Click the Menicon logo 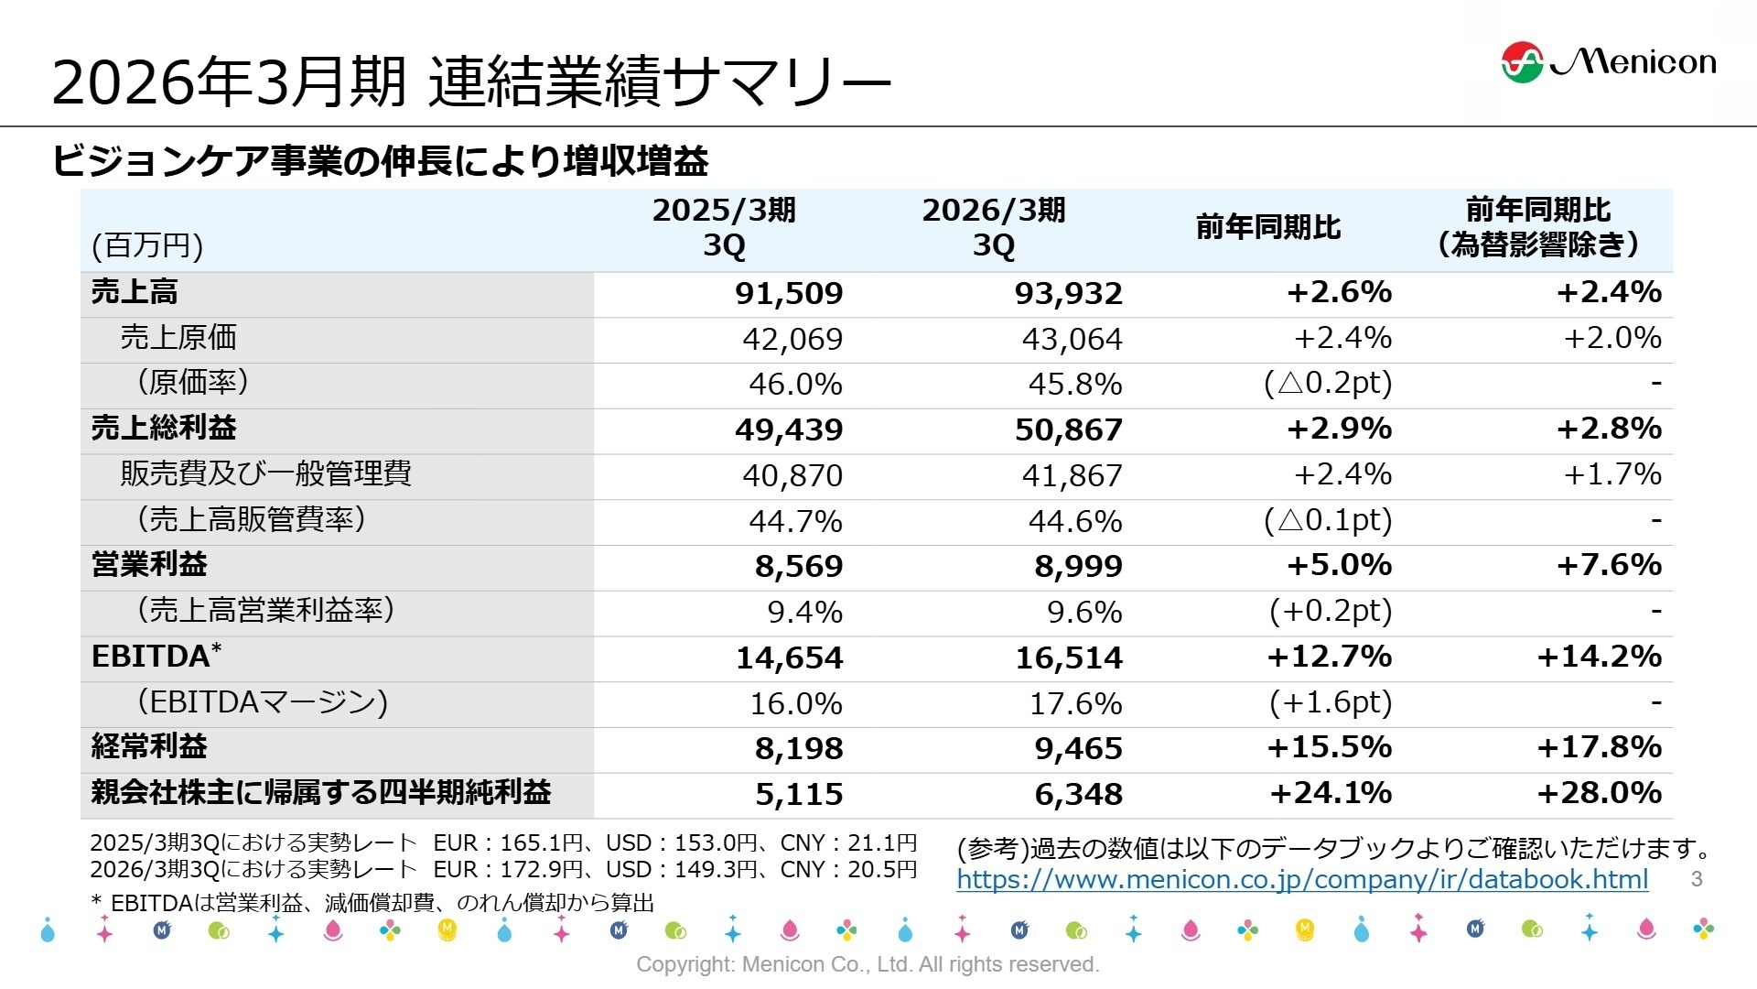pos(1608,61)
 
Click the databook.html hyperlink pos(1301,880)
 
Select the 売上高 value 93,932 pos(1068,294)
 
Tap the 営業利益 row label pos(149,565)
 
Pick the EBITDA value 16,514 pos(1068,658)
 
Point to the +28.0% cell pos(1599,793)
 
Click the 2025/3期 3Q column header pos(724,228)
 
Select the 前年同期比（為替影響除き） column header pos(1537,228)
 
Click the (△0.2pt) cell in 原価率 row pos(1327,384)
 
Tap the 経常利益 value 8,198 pos(798,749)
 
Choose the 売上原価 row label pos(178,338)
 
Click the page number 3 pos(1696,880)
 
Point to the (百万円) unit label pos(147,246)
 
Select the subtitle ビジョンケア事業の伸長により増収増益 pos(380,161)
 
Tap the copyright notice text pos(868,964)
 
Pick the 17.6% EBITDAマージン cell pos(1075,704)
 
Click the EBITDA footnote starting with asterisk pos(372,904)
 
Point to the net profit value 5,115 pos(798,795)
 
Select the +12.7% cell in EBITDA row pos(1329,658)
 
